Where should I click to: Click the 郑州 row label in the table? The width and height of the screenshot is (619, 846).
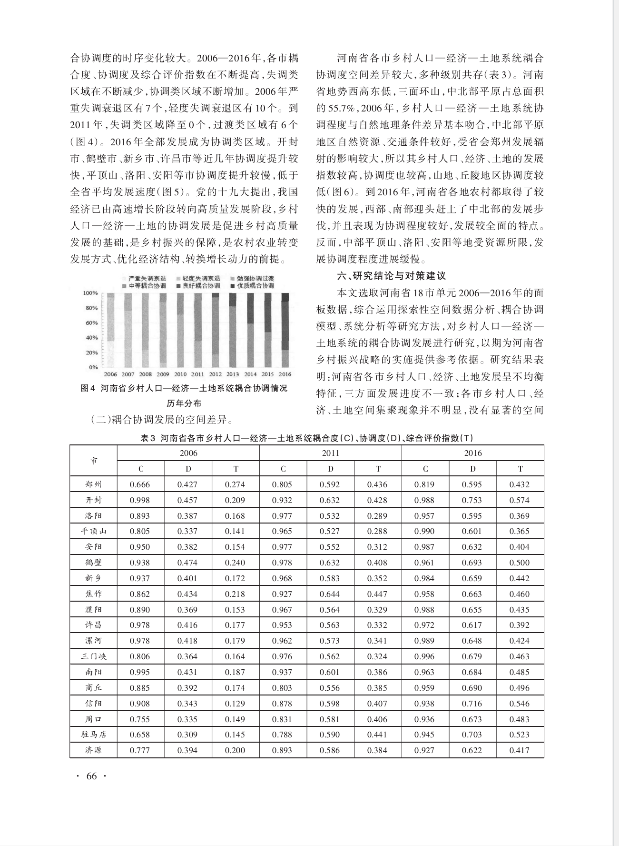93,484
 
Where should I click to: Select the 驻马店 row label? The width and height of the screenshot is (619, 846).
93,735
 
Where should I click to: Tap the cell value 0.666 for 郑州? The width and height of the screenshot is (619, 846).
140,484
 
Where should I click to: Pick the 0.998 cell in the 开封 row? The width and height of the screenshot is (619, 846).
140,500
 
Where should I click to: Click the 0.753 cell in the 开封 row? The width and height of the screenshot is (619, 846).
472,500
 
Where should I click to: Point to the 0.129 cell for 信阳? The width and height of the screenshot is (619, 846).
235,704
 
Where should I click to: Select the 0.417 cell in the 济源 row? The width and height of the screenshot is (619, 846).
519,750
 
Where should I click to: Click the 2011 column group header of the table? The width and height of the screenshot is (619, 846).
330,453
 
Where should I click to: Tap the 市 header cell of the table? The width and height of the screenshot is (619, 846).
94,461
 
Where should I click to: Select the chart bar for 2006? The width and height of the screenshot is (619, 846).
110,330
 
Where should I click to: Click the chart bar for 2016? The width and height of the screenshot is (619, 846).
285,330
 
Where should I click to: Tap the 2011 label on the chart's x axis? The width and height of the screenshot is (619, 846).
198,374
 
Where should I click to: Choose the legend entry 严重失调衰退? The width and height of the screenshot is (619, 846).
147,278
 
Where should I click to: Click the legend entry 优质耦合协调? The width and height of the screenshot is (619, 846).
255,286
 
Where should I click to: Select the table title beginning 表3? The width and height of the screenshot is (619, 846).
306,438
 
